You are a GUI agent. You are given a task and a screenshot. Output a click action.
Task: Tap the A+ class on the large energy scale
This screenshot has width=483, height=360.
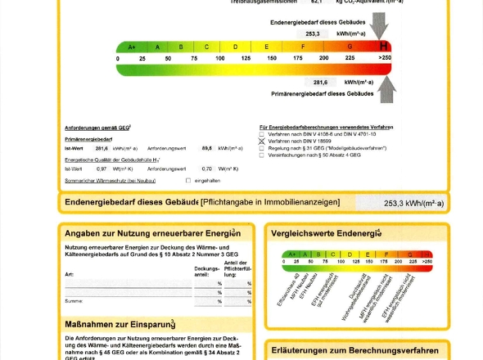(x=132, y=47)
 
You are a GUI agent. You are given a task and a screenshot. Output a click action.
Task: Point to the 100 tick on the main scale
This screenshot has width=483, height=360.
(x=220, y=58)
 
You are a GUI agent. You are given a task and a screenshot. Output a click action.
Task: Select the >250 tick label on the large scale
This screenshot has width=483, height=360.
(x=384, y=58)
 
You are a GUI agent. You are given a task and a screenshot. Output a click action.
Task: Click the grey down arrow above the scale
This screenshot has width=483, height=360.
(x=379, y=27)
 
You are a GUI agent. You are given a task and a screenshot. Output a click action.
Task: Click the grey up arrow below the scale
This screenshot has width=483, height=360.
(x=387, y=89)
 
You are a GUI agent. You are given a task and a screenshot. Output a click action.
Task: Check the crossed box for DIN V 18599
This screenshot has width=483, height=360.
(x=262, y=141)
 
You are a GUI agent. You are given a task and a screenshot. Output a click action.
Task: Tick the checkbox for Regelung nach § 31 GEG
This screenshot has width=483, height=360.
(x=262, y=148)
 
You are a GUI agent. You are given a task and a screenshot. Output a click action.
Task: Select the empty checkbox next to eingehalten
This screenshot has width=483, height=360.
(x=187, y=179)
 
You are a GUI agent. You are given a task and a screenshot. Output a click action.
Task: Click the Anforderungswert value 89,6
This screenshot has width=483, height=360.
(x=207, y=148)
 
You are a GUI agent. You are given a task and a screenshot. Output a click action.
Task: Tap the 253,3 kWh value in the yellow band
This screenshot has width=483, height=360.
(x=401, y=203)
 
